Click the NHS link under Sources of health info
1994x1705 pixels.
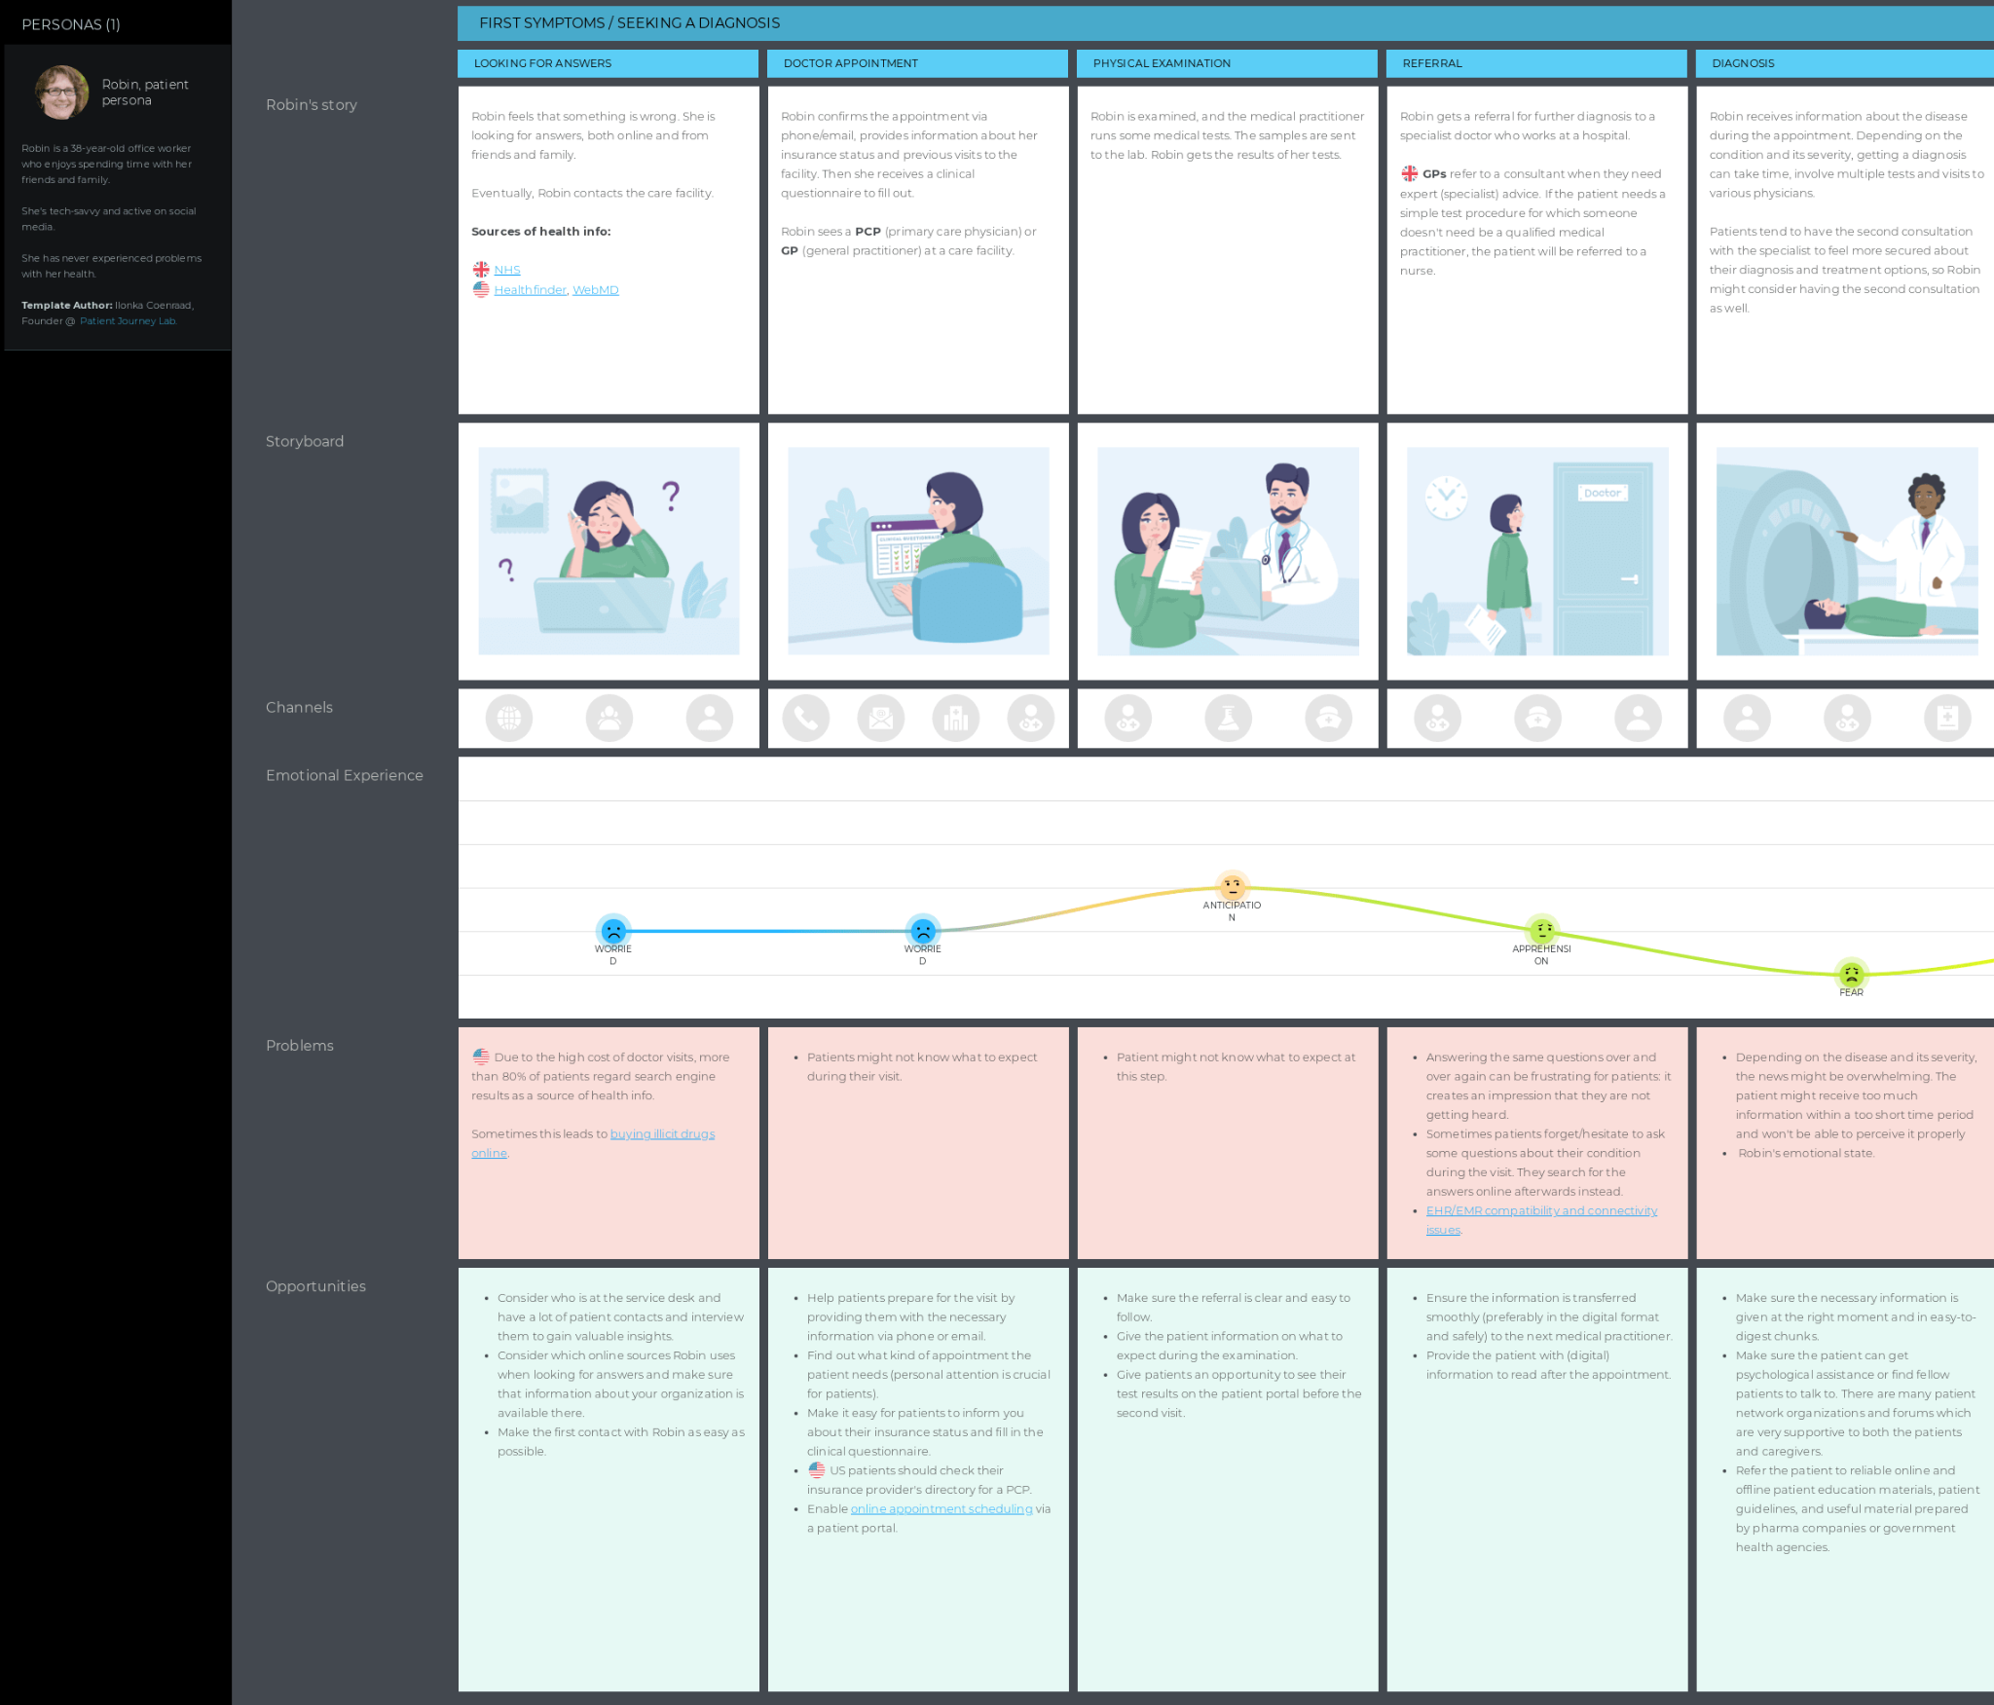[x=506, y=270]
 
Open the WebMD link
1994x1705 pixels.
[x=595, y=290]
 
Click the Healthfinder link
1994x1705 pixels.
[x=530, y=290]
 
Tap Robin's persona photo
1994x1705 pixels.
[x=61, y=93]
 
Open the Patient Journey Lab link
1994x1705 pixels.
[x=128, y=321]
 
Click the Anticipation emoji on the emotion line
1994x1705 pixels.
[x=1232, y=886]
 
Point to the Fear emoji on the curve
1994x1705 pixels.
[x=1851, y=974]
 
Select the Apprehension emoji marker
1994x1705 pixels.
[x=1541, y=930]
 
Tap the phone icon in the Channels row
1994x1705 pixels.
[x=806, y=719]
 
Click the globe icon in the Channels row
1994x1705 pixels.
[x=509, y=719]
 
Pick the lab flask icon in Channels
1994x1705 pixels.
[x=1229, y=719]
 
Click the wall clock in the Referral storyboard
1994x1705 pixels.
[x=1446, y=497]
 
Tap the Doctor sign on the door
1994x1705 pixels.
[x=1602, y=494]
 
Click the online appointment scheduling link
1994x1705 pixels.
[x=941, y=1509]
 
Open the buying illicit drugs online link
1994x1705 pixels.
[x=662, y=1134]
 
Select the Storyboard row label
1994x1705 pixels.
[x=305, y=441]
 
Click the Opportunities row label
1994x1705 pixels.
[x=315, y=1286]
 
